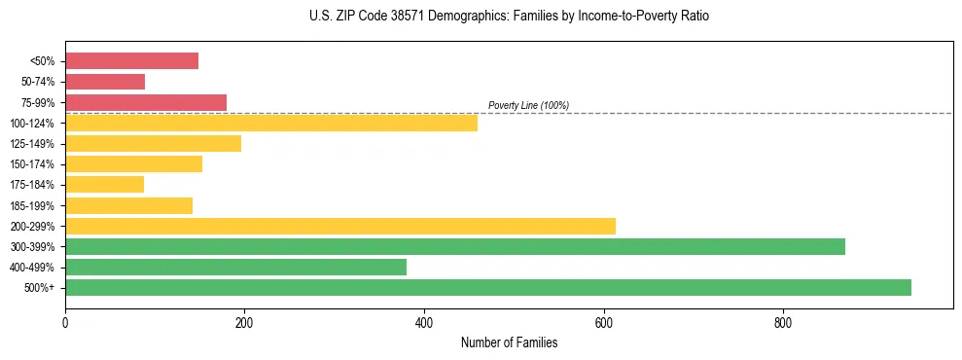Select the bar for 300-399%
(455, 246)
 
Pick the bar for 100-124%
(271, 123)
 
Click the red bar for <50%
(131, 61)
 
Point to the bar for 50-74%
(105, 82)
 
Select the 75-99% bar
(146, 102)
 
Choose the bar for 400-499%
(235, 267)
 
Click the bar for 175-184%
(104, 184)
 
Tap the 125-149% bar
(153, 143)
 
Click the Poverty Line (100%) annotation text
(528, 105)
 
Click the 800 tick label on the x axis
(783, 322)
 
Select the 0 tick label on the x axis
(65, 322)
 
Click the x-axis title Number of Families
(509, 342)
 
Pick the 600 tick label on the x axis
(604, 322)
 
